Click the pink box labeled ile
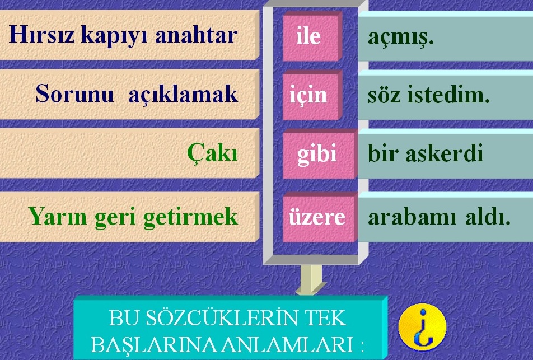click(x=312, y=36)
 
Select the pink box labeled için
click(x=312, y=95)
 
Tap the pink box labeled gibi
click(x=320, y=154)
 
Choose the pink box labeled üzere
click(x=320, y=217)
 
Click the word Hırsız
click(x=41, y=35)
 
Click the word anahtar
click(x=196, y=35)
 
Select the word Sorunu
click(x=74, y=93)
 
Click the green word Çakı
click(x=212, y=153)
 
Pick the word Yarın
click(x=58, y=216)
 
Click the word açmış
click(x=401, y=38)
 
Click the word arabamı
click(x=412, y=217)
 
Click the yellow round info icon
click(x=422, y=326)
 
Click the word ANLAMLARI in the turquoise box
click(x=288, y=345)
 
